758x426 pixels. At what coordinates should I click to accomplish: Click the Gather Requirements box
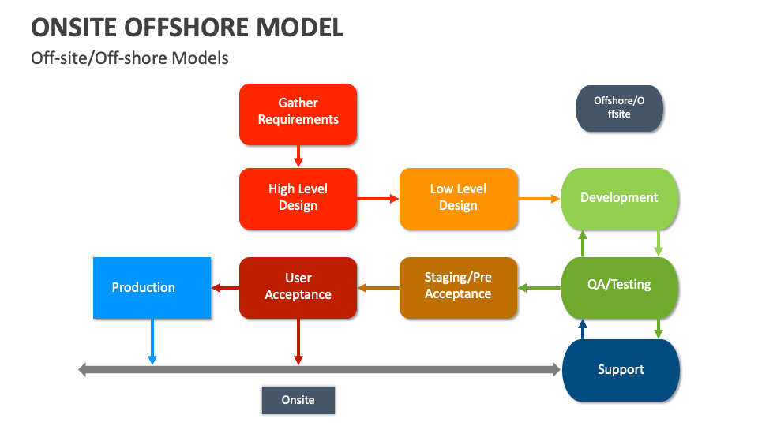pyautogui.click(x=298, y=114)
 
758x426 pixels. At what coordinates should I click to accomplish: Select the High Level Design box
pyautogui.click(x=298, y=199)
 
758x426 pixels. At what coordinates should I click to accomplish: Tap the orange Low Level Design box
pyautogui.click(x=458, y=199)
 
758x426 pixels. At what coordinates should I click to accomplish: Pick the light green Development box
pyautogui.click(x=619, y=198)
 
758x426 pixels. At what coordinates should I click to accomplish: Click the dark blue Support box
pyautogui.click(x=620, y=370)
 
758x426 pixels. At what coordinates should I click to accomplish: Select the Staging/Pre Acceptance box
pyautogui.click(x=458, y=287)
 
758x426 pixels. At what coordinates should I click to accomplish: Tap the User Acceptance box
pyautogui.click(x=298, y=287)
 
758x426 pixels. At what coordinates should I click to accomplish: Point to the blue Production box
pyautogui.click(x=152, y=288)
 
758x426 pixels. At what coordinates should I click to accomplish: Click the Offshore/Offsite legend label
pyautogui.click(x=619, y=107)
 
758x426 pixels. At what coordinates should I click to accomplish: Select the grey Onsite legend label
pyautogui.click(x=298, y=400)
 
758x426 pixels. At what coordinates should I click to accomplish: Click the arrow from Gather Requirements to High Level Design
pyautogui.click(x=298, y=156)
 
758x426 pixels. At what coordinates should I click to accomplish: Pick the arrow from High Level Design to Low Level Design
pyautogui.click(x=377, y=199)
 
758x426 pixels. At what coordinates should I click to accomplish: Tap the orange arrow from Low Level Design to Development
pyautogui.click(x=538, y=199)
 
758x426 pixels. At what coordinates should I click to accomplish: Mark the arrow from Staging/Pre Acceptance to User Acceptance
pyautogui.click(x=378, y=288)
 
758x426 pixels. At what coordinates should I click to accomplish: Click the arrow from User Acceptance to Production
pyautogui.click(x=225, y=288)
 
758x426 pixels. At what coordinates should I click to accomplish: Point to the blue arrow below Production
pyautogui.click(x=152, y=342)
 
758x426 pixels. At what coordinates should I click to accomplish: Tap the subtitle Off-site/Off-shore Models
pyautogui.click(x=129, y=58)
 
